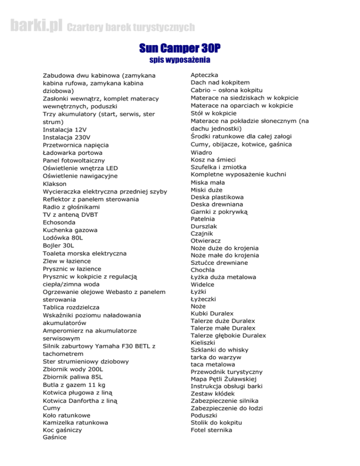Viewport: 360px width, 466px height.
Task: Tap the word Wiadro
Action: click(202, 152)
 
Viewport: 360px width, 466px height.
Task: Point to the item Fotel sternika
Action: click(211, 430)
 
